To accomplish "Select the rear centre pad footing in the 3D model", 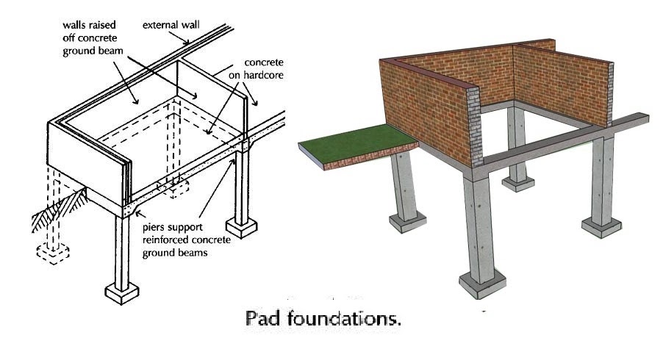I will (520, 180).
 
